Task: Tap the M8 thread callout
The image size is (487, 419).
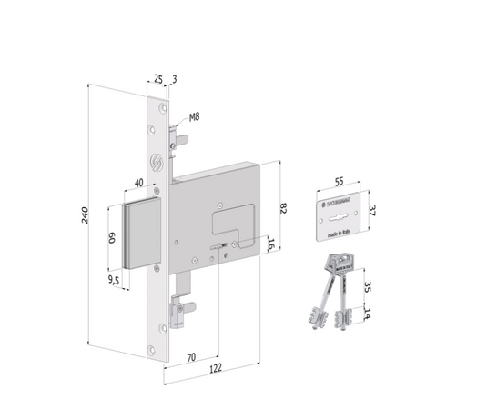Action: coord(193,117)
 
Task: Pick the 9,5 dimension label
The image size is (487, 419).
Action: coord(115,281)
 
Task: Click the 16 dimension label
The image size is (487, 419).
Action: coord(271,243)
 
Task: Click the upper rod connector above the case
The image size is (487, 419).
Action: coord(184,143)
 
